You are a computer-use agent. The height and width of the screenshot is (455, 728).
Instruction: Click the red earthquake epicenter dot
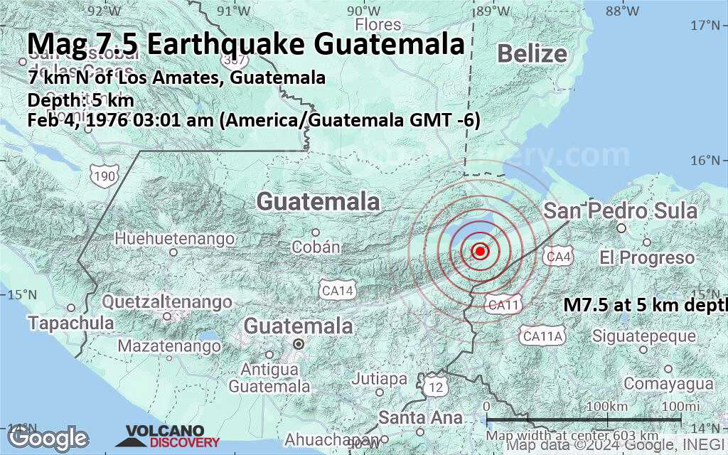(480, 251)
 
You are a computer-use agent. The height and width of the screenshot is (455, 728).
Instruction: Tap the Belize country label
(532, 54)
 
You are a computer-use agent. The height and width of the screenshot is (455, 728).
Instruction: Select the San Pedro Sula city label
(620, 211)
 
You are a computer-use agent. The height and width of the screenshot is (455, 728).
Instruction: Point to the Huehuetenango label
(174, 238)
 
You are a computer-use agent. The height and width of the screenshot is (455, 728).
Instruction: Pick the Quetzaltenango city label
(167, 302)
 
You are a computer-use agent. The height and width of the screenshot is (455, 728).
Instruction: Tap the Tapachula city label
(71, 323)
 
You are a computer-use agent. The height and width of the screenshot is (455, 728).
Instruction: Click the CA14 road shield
(337, 290)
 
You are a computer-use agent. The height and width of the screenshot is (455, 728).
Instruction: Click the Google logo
(48, 438)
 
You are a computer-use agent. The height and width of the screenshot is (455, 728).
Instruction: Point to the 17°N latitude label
(709, 26)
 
